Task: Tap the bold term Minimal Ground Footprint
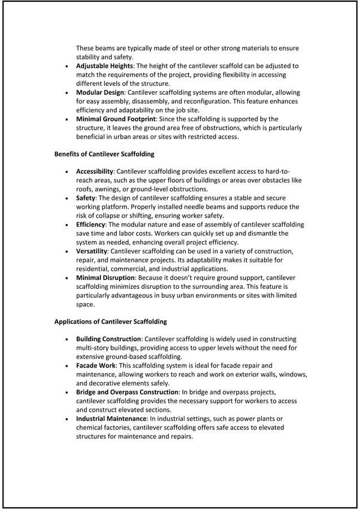(116, 119)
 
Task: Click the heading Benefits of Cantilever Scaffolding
(104, 154)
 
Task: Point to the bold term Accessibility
(95, 172)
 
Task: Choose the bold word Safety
(85, 198)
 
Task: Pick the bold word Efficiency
(90, 225)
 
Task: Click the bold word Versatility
(91, 251)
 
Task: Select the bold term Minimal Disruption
(106, 278)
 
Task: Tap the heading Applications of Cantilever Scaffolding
(111, 322)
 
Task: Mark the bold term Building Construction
(109, 339)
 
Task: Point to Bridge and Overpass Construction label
(128, 392)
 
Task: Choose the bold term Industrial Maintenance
(111, 419)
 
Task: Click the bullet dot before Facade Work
(68, 366)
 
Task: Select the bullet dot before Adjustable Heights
(68, 67)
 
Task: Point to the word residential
(93, 269)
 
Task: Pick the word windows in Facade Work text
(292, 374)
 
